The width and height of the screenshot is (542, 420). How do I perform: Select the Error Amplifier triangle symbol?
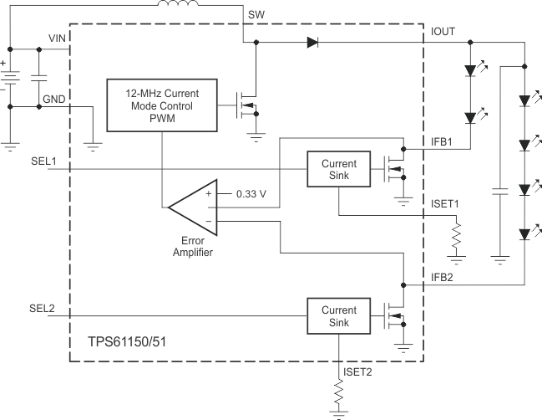(x=195, y=205)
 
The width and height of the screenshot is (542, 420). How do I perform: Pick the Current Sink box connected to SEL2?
(x=338, y=316)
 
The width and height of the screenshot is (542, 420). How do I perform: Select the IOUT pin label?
(x=444, y=31)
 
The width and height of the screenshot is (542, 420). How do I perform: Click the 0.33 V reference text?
(x=251, y=193)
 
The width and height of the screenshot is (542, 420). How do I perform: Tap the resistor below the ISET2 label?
(x=338, y=394)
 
